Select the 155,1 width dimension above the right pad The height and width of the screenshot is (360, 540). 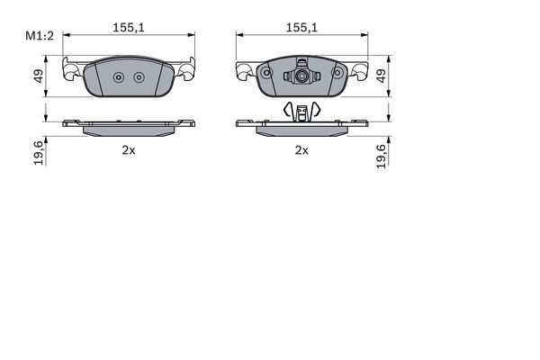coord(302,28)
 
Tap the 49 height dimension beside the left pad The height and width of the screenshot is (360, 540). coord(38,77)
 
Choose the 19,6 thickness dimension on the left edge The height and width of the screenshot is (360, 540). coord(38,155)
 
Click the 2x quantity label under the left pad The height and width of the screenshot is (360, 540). coord(129,150)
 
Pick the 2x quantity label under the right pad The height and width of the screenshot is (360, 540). coord(302,150)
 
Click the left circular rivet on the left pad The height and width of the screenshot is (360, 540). coord(118,76)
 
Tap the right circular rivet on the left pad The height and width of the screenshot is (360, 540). coord(139,76)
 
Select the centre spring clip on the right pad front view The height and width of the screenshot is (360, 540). coord(302,76)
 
